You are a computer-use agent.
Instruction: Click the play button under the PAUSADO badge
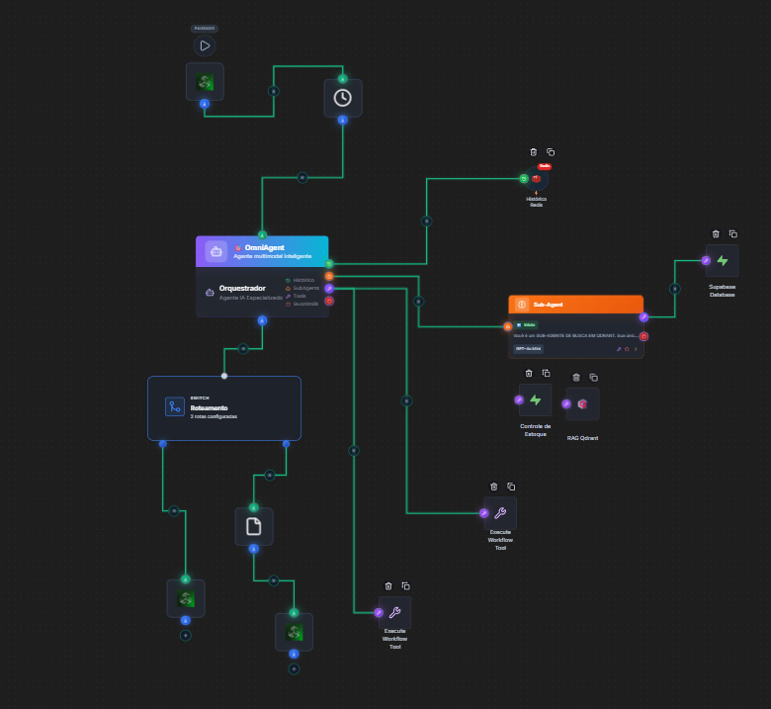(205, 45)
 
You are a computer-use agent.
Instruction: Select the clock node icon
(342, 98)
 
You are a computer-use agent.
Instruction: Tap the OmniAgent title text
(264, 247)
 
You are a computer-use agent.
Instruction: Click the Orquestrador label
(243, 288)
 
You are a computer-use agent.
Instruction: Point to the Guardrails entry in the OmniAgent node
(305, 304)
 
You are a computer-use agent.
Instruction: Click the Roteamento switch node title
(210, 407)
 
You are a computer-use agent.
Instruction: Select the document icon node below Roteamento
(253, 526)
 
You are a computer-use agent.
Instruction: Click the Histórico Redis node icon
(537, 179)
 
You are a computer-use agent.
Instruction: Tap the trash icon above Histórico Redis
(534, 152)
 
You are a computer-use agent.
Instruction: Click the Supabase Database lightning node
(723, 261)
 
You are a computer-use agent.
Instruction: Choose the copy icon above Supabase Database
(733, 234)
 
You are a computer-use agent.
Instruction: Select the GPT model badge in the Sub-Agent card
(529, 349)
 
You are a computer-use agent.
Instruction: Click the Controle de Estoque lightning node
(536, 400)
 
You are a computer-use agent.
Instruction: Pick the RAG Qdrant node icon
(583, 403)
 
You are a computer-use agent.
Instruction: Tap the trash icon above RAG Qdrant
(576, 377)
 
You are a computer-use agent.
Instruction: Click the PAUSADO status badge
(205, 29)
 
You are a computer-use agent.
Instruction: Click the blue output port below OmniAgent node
(262, 320)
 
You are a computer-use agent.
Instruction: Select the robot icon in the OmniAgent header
(216, 251)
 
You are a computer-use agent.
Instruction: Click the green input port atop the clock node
(343, 79)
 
